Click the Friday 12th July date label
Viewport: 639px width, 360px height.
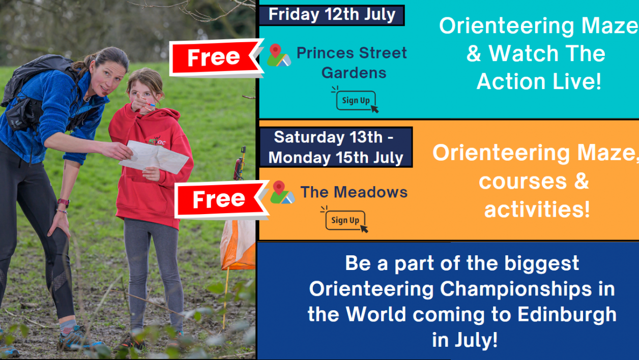pos(332,15)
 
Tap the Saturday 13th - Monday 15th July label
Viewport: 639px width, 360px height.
pos(336,147)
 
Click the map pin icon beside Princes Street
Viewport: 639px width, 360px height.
pos(278,55)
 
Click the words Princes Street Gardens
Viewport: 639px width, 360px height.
pos(352,63)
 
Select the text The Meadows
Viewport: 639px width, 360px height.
pos(354,192)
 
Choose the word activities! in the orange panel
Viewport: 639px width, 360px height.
pos(537,208)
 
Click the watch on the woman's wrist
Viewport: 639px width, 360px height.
pos(64,203)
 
